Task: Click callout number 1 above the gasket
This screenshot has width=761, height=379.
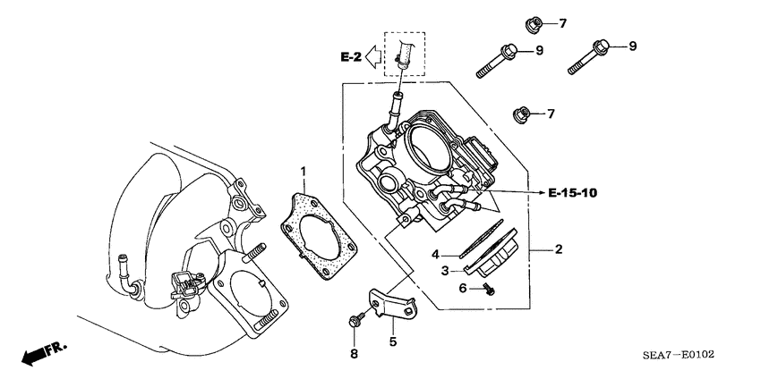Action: [x=304, y=171]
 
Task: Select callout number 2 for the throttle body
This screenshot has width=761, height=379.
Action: [x=558, y=249]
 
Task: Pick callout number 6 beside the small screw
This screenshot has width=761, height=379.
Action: [x=463, y=288]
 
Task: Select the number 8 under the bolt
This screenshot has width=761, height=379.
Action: [x=354, y=354]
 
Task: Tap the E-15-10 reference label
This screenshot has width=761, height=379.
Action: [x=573, y=192]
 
